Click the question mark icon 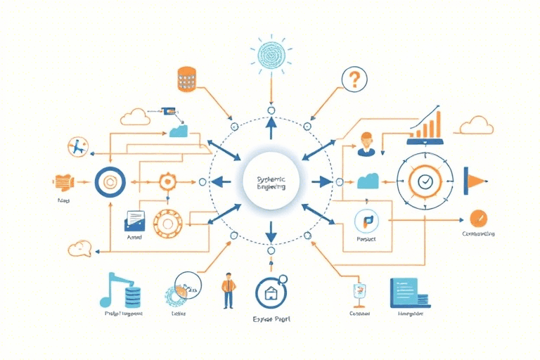click(x=354, y=79)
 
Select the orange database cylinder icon click(x=186, y=78)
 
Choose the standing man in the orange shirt click(x=228, y=290)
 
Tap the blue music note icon click(x=112, y=289)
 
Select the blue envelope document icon click(x=134, y=221)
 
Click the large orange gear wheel click(x=167, y=224)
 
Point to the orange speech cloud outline click(x=80, y=247)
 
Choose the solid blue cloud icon click(x=368, y=181)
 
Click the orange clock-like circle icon click(x=479, y=218)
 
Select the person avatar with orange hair click(x=366, y=143)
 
